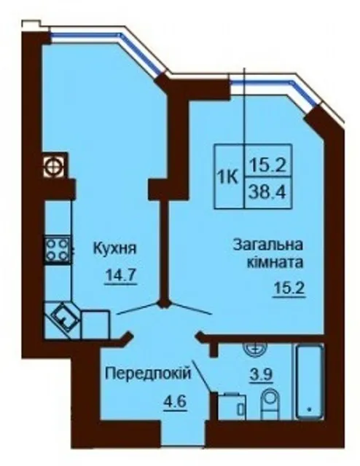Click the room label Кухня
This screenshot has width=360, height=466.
[115, 249]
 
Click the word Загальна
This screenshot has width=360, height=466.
[267, 245]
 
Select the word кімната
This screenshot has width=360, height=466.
[275, 263]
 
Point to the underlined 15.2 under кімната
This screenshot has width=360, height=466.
[289, 288]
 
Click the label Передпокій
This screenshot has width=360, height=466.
[147, 374]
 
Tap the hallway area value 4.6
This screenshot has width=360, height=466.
[175, 402]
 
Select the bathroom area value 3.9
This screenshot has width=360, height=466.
[261, 375]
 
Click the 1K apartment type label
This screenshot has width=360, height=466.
[229, 178]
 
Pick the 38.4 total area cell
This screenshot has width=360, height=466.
[267, 193]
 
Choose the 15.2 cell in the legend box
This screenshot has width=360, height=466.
[267, 161]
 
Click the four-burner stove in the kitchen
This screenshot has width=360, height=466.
[58, 250]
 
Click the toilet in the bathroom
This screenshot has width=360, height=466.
[270, 405]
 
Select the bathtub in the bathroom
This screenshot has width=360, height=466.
[310, 382]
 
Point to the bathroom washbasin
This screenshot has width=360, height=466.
[255, 348]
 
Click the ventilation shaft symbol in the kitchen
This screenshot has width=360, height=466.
[54, 165]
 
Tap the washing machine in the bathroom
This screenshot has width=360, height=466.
[232, 406]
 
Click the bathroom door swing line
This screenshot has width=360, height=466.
[203, 376]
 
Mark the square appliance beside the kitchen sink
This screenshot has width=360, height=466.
[95, 324]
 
